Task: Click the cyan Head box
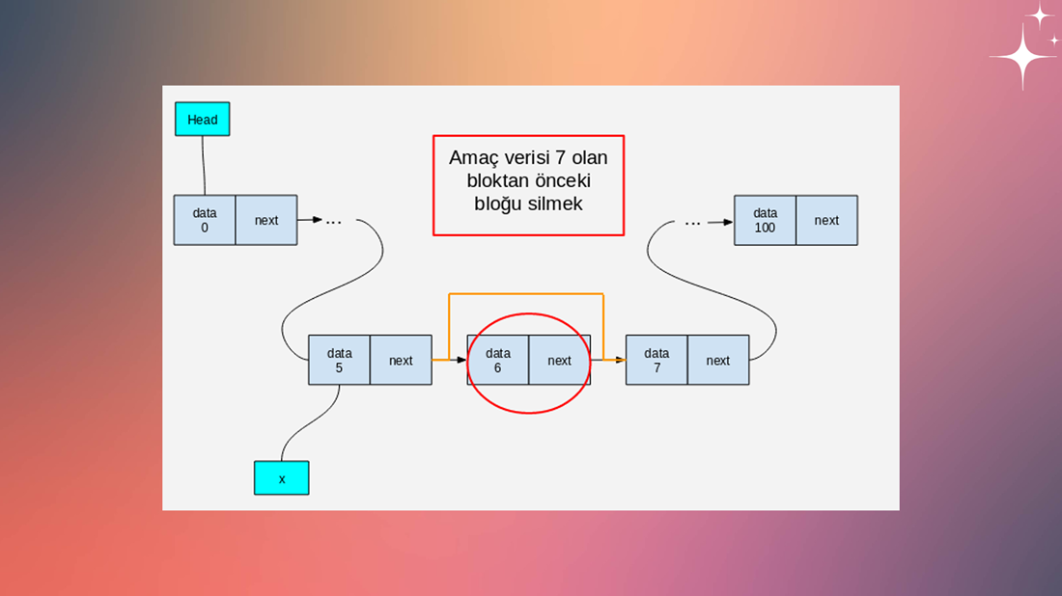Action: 203,119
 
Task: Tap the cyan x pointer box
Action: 282,478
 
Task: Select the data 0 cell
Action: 205,220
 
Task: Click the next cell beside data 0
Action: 266,220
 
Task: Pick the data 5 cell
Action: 339,360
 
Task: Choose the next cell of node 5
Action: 401,360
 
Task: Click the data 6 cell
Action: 498,360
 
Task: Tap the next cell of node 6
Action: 559,360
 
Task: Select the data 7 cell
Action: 657,360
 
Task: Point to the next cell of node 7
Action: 718,360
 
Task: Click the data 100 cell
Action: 766,220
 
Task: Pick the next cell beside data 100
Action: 827,220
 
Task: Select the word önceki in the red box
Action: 564,180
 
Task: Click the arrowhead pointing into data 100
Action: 729,222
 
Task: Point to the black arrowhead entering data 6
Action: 461,360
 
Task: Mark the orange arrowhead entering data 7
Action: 620,360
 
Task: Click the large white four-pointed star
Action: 1023,57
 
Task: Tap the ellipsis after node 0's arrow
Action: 334,222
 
